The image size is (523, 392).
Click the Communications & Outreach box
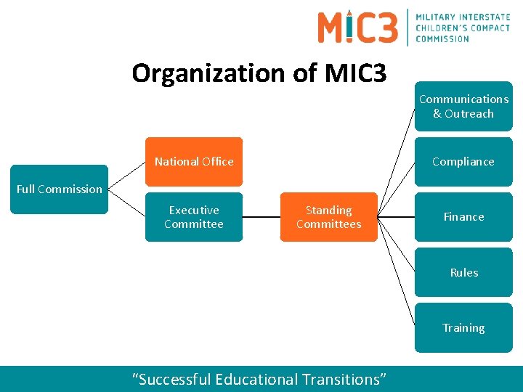coord(463,106)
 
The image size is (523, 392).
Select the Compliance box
coord(463,162)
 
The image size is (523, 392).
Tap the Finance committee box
coord(463,217)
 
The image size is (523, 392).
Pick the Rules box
coord(463,272)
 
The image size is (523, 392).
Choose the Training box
coord(463,328)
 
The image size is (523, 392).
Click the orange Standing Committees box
coord(328,217)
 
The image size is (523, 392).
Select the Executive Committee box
coord(194,217)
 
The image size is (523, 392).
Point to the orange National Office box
coord(194,162)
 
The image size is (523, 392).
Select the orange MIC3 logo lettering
coord(357,27)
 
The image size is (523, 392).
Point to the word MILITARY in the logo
coord(437,17)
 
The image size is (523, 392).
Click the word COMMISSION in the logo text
coord(442,38)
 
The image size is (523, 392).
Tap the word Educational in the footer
coord(258,379)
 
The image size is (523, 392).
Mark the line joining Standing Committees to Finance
coord(396,217)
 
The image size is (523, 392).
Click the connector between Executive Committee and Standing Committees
coord(261,217)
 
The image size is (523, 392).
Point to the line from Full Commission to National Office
coord(126,175)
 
